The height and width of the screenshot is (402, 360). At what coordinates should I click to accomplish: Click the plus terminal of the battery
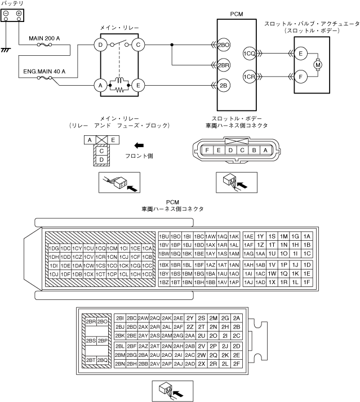pos(19,13)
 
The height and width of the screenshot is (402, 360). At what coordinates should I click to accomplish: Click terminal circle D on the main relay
pos(100,44)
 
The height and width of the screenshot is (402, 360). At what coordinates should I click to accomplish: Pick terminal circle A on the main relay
pos(100,85)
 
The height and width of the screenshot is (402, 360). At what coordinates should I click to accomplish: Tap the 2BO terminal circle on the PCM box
pos(224,44)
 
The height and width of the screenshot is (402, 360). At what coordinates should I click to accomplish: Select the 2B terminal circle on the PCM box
pos(224,85)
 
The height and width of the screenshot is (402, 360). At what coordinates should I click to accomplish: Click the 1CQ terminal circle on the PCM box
pos(249,54)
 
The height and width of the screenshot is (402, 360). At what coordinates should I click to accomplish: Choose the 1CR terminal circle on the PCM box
pos(249,76)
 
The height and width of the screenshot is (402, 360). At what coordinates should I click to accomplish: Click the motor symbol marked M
pos(318,65)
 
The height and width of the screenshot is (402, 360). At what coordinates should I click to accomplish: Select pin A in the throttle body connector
pos(265,150)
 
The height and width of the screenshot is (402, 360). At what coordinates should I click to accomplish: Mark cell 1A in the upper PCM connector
pos(306,236)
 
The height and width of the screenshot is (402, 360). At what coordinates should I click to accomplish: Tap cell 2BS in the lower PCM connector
pos(90,341)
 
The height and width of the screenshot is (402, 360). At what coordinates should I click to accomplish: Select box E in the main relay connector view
pos(113,139)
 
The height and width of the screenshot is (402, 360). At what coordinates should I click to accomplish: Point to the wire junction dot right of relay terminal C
pos(171,44)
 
